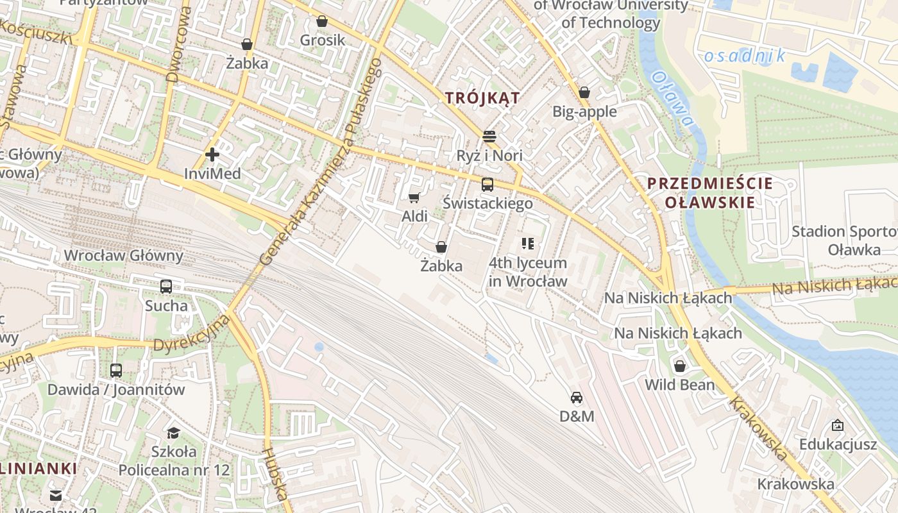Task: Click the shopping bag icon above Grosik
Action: (322, 21)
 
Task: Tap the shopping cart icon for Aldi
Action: (414, 198)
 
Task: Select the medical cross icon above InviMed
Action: (212, 155)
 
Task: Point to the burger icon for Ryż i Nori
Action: (489, 136)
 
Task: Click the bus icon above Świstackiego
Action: (487, 185)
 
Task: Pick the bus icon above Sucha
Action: (166, 287)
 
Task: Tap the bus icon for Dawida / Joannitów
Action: (116, 370)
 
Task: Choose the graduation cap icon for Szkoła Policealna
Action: (173, 432)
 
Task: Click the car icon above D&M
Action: (577, 398)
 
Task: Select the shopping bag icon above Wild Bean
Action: (680, 366)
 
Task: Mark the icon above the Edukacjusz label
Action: (837, 425)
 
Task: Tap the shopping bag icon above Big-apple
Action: (584, 92)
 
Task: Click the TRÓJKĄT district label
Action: (482, 97)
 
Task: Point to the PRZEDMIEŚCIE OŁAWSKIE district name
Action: (710, 193)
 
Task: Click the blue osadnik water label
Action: (744, 56)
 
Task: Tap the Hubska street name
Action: (274, 474)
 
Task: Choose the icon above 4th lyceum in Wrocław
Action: (528, 244)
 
